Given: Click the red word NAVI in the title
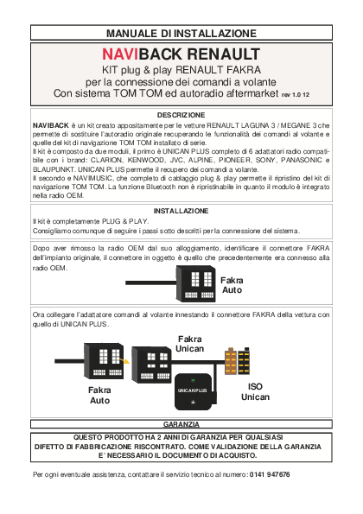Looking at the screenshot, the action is (120, 54).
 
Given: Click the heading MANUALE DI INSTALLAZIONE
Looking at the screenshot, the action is (181, 33).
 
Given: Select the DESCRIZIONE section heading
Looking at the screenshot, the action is (181, 115).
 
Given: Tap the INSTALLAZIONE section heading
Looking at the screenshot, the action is (181, 211).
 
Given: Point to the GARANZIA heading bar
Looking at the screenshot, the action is (181, 424).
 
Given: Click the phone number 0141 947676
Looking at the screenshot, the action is (270, 474).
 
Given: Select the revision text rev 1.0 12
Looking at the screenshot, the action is (295, 95).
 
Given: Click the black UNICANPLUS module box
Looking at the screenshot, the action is (194, 391).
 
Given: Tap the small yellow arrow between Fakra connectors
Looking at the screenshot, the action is (124, 361).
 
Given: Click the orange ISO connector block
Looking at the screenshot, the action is (231, 361).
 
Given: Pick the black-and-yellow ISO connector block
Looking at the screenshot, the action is (244, 360).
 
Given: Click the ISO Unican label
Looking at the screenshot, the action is (255, 391).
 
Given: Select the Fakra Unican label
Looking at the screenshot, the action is (189, 344).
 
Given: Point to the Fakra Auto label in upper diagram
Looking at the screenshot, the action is (232, 285).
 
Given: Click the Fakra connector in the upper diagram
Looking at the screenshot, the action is (196, 284).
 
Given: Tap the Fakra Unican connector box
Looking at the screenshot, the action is (151, 365).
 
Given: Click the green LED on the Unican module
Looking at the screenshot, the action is (193, 381).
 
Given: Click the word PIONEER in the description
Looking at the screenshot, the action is (235, 161).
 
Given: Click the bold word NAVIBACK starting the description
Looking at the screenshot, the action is (50, 125).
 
